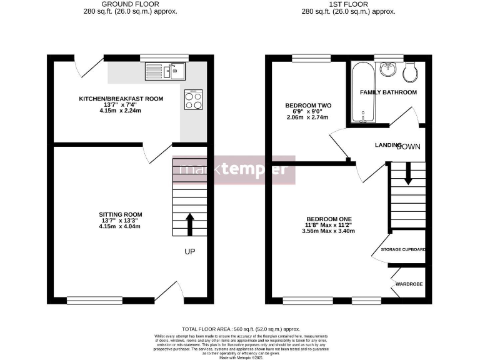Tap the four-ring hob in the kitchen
(193, 100)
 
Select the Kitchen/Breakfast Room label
(121, 99)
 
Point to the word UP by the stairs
(191, 252)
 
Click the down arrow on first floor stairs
(407, 173)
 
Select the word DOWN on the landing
(408, 146)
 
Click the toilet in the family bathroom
(411, 72)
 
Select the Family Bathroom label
(388, 92)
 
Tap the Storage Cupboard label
(403, 250)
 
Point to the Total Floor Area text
(241, 329)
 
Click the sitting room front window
(86, 301)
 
